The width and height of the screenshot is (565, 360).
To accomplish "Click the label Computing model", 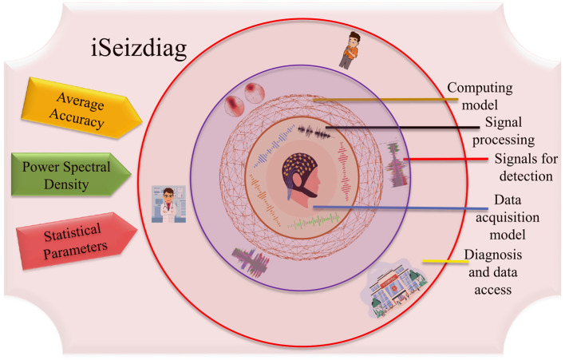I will [x=480, y=95].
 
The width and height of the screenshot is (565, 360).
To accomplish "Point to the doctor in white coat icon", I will [x=168, y=204].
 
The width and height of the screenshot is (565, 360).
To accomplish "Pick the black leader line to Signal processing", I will [x=399, y=126].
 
